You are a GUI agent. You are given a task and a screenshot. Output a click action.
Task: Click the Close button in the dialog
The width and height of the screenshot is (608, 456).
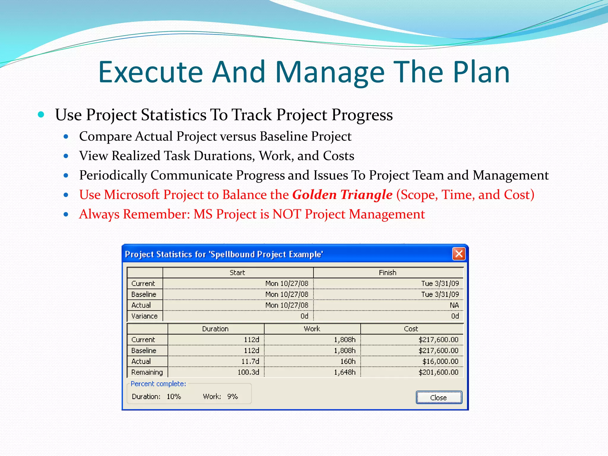(x=439, y=398)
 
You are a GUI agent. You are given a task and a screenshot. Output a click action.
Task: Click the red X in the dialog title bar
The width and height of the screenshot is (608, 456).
(x=459, y=254)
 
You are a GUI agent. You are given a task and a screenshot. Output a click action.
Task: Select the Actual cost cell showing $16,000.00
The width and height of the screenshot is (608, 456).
(x=440, y=361)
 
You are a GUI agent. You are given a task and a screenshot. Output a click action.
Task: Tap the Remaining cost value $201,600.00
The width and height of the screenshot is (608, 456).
(x=438, y=372)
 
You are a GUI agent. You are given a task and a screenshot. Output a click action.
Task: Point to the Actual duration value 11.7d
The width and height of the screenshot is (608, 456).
(x=250, y=361)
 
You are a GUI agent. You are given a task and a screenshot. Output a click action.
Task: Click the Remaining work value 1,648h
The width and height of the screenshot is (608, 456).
(x=344, y=372)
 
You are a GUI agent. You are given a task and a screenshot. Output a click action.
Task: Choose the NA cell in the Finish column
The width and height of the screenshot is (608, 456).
(x=454, y=305)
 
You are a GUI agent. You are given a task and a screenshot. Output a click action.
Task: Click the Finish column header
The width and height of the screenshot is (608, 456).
(x=387, y=273)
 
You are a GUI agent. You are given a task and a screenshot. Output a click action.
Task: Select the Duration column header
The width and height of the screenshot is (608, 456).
(x=215, y=329)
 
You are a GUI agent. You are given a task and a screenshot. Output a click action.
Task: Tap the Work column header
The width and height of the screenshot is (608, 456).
(x=312, y=329)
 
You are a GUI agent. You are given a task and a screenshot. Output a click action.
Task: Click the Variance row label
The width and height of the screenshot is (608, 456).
(x=144, y=316)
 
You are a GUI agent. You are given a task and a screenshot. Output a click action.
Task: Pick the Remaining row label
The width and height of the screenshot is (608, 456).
(x=147, y=372)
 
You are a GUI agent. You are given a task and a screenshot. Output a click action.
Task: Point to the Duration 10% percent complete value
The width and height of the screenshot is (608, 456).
(x=174, y=397)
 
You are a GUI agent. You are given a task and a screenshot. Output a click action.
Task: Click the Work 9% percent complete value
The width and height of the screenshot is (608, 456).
(x=232, y=397)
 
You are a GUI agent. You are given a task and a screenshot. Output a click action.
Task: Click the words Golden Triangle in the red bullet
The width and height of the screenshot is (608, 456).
(x=342, y=195)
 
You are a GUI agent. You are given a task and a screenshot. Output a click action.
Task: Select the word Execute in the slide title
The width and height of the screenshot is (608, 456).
(x=150, y=72)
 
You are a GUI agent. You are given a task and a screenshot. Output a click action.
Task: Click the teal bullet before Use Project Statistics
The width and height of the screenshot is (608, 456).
(x=41, y=114)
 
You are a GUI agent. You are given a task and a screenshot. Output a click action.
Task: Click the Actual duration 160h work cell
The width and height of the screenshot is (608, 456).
(x=348, y=361)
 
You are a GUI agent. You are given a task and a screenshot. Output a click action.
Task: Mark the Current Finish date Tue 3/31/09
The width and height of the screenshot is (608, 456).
(x=440, y=284)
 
